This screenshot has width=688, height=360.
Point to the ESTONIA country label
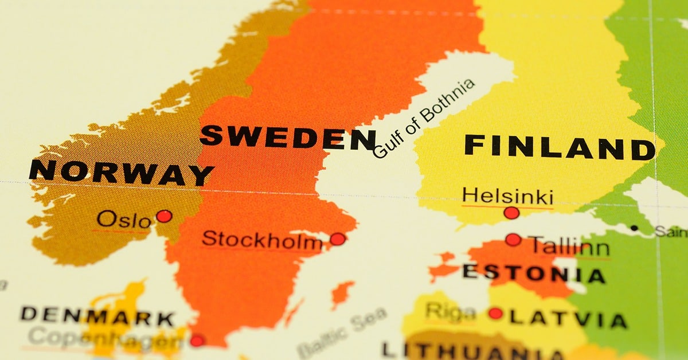(533, 273)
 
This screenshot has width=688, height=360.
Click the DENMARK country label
(97, 315)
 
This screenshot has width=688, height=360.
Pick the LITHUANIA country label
(459, 350)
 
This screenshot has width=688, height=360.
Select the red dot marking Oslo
(164, 216)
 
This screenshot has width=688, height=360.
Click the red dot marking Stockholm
(338, 239)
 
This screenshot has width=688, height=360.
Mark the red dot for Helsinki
(511, 213)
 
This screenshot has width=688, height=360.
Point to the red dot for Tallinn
(513, 240)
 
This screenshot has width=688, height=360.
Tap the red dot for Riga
(495, 314)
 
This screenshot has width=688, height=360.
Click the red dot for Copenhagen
(197, 341)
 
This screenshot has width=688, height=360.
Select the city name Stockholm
(262, 240)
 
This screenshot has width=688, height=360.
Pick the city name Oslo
(124, 220)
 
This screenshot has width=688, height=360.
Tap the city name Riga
(450, 312)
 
